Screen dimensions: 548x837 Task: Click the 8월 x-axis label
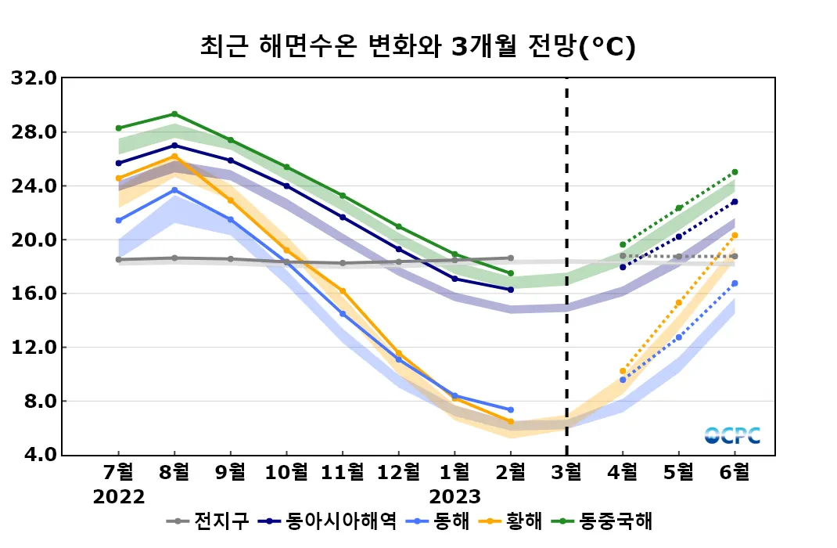[x=174, y=472]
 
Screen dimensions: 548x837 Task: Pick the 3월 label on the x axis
[x=566, y=472]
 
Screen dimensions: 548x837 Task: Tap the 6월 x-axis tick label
[x=735, y=472]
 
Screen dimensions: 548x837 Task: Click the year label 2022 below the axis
[x=119, y=497]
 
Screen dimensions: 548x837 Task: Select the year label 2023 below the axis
[x=454, y=497]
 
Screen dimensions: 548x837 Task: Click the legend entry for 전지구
[x=210, y=521]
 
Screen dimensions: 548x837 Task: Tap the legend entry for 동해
[x=443, y=521]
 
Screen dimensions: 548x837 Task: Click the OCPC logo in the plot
[x=732, y=436]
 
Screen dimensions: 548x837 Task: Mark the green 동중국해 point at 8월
[x=174, y=114]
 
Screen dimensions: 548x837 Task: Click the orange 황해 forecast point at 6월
[x=735, y=236]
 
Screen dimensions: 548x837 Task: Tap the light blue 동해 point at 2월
[x=510, y=409]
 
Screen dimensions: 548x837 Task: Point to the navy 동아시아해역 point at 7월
[x=119, y=163]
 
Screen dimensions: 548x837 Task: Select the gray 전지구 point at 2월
[x=510, y=258]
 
